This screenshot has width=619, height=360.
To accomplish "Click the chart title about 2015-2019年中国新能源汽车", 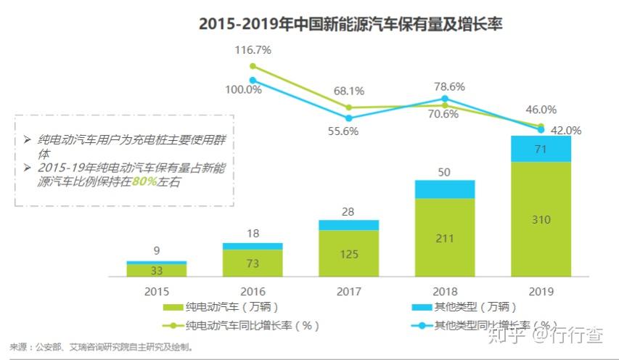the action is [351, 24].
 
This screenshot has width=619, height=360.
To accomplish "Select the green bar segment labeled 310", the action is [541, 219].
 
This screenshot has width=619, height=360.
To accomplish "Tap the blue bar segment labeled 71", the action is [541, 149].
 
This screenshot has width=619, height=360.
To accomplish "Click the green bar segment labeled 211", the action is [445, 237].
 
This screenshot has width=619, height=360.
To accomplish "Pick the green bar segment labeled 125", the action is [349, 253].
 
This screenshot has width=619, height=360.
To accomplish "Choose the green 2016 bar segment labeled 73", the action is [253, 263].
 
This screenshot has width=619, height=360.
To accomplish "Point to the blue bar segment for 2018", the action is [445, 189].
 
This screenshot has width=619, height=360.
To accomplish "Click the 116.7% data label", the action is [253, 50].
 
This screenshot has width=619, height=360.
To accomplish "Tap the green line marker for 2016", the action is [253, 66].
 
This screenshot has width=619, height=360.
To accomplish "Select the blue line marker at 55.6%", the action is [349, 118].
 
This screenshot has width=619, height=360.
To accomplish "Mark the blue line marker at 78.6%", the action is [445, 98].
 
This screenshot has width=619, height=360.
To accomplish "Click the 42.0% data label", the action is [566, 131].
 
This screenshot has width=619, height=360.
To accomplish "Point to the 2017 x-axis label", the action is [349, 292].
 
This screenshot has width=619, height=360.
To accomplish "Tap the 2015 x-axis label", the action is [157, 292].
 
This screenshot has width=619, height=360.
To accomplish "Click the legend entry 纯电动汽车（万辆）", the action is [221, 307].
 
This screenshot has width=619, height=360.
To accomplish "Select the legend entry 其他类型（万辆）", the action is [464, 307].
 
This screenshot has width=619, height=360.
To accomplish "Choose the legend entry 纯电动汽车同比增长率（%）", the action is [241, 326].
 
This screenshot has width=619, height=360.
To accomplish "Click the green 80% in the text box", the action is [144, 181].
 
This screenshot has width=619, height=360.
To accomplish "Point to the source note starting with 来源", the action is [102, 348].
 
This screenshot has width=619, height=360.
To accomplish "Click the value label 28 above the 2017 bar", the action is [348, 212].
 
